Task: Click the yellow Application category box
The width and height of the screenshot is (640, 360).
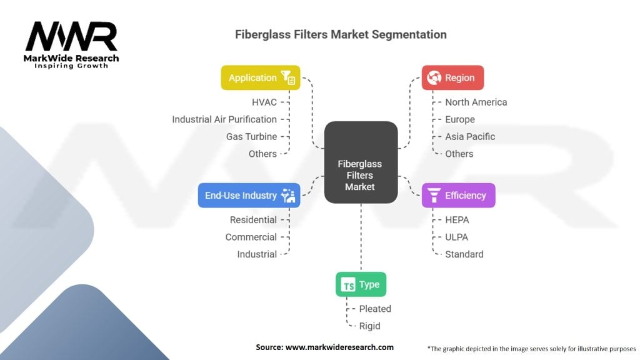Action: (x=260, y=77)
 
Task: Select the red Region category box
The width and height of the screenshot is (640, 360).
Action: (x=452, y=77)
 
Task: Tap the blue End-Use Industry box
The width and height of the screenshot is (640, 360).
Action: (x=248, y=195)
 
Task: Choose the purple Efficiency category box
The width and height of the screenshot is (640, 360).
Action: (x=458, y=195)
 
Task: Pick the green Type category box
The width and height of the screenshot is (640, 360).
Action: (x=361, y=284)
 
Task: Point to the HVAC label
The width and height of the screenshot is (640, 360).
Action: (x=263, y=102)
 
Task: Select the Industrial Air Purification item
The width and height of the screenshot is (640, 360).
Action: (x=224, y=119)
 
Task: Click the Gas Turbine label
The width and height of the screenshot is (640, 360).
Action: (x=251, y=136)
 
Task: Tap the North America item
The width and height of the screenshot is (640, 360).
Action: (x=476, y=102)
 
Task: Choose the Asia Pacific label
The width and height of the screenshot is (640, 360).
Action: (x=470, y=136)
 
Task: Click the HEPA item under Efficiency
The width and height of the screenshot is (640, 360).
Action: (x=457, y=219)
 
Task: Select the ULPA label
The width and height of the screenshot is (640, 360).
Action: (x=456, y=237)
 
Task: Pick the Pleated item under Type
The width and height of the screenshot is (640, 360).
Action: (x=375, y=309)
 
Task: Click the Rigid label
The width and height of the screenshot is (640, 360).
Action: (x=369, y=326)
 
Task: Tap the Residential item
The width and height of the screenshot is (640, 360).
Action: (x=253, y=219)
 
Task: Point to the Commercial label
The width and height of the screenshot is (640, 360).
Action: (x=251, y=237)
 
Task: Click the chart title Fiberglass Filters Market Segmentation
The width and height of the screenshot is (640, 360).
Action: (x=341, y=34)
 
